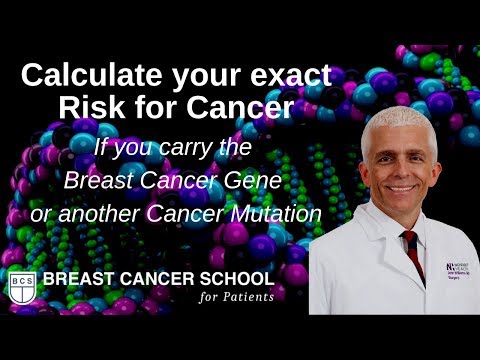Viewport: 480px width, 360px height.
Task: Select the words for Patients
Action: (235, 296)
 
